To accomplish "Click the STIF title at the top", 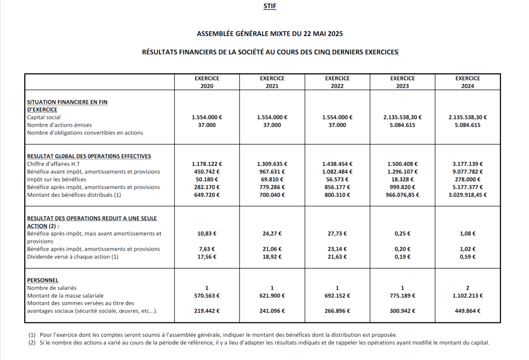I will (269, 7).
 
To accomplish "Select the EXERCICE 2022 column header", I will (337, 82).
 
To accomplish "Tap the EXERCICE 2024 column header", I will (468, 82).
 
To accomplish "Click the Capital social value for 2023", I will (402, 117).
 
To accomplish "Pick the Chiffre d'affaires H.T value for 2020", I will (207, 164).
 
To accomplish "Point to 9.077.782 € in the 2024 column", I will (468, 171).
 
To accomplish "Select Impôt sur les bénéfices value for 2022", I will (337, 179).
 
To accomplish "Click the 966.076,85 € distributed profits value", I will (402, 195).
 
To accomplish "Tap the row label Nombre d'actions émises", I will (59, 125).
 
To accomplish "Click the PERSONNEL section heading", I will (42, 280).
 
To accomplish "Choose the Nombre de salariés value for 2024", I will (468, 288).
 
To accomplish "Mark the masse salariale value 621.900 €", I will (272, 295).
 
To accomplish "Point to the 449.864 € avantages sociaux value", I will (468, 311).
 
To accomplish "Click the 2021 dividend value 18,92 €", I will (272, 257).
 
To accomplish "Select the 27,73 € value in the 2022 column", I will (337, 233).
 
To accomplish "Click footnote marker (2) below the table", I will (32, 342).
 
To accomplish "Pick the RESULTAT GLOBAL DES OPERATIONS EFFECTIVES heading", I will (89, 156).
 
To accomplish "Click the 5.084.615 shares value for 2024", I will (468, 125).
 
